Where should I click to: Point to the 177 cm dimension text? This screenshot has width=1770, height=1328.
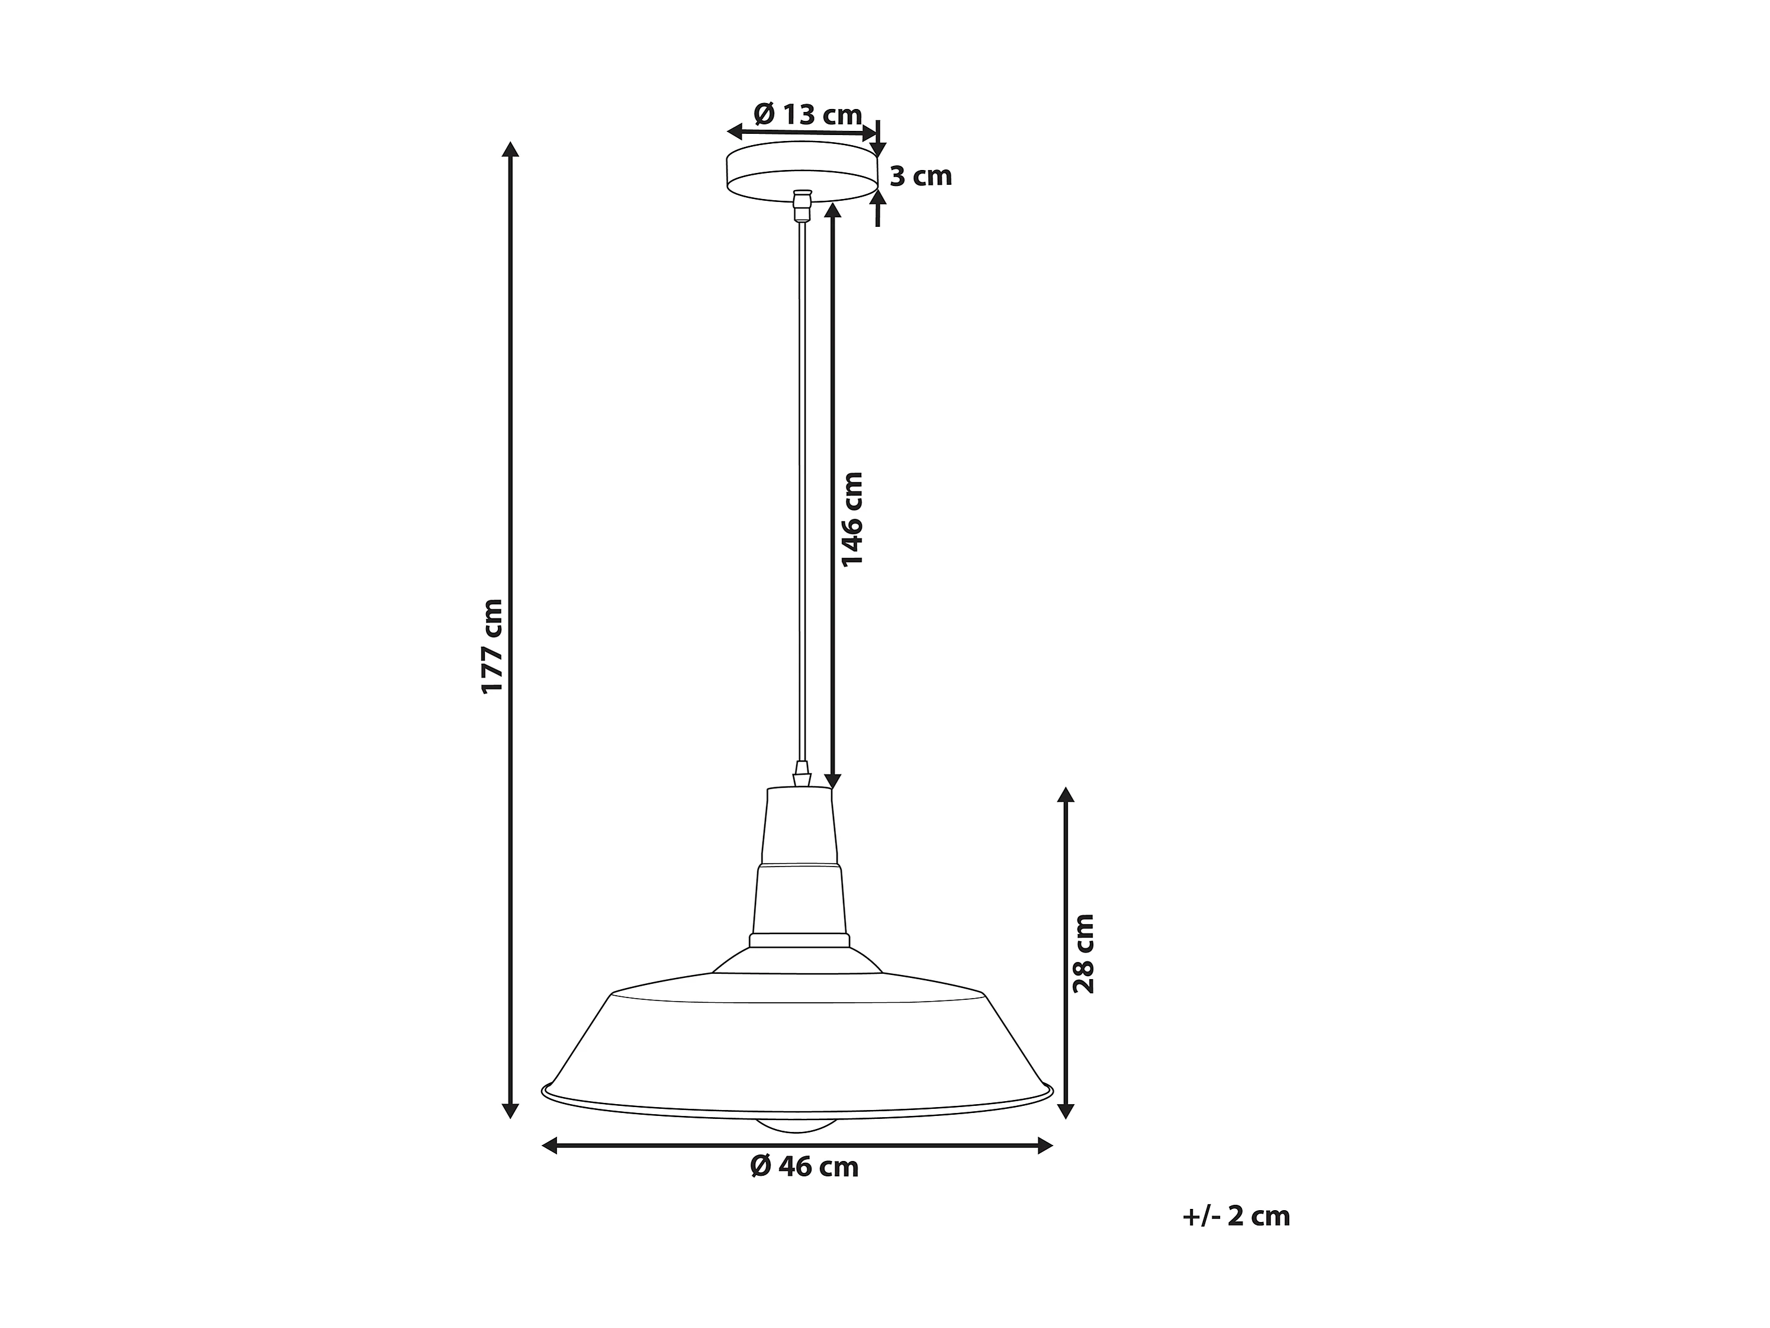(x=492, y=646)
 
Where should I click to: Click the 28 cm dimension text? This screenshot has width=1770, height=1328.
(x=1083, y=954)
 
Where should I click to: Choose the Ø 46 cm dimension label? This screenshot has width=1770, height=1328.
(x=804, y=1167)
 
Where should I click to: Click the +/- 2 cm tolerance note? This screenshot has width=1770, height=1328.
(x=1236, y=1216)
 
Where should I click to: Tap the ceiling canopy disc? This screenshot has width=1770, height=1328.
(x=802, y=171)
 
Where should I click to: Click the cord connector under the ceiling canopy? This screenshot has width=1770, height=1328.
(x=802, y=205)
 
